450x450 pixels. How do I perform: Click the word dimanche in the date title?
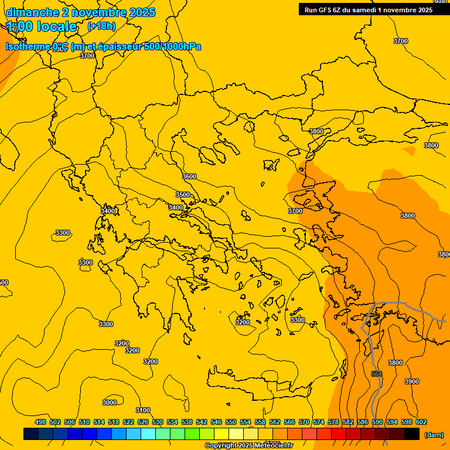pos(32,12)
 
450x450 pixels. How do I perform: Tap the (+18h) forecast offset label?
pos(102,26)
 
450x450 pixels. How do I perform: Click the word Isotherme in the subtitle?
pos(28,46)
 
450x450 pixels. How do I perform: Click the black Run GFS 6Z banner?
pos(369,9)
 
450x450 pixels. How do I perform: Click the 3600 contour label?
pos(189,176)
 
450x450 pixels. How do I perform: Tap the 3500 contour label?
pos(183,195)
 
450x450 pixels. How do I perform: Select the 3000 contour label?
pos(110,403)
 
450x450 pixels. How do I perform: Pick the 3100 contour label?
pos(143,410)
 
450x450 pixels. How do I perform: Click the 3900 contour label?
pos(412,381)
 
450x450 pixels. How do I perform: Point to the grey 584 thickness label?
pos(377,374)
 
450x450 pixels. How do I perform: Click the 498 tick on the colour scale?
pos(40,422)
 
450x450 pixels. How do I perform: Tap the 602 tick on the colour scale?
pos(421,422)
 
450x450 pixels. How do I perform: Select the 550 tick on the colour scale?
pos(231,422)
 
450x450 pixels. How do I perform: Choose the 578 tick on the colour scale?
pos(333,422)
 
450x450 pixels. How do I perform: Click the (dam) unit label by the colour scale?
pos(434,435)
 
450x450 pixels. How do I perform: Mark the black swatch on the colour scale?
pos(412,434)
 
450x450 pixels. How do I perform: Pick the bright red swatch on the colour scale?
pos(339,434)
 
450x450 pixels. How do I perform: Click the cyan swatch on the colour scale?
pos(148,434)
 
